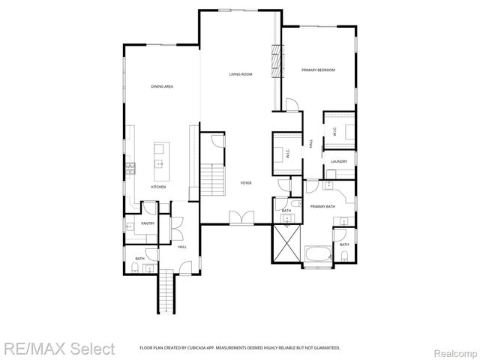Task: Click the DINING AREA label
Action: coord(163,87)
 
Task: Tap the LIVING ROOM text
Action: coord(240,73)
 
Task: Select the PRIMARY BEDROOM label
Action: coord(318,70)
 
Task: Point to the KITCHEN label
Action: coord(158,187)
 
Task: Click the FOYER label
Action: coord(245,183)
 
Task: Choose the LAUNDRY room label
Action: coord(337,161)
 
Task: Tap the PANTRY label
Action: coord(148,223)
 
